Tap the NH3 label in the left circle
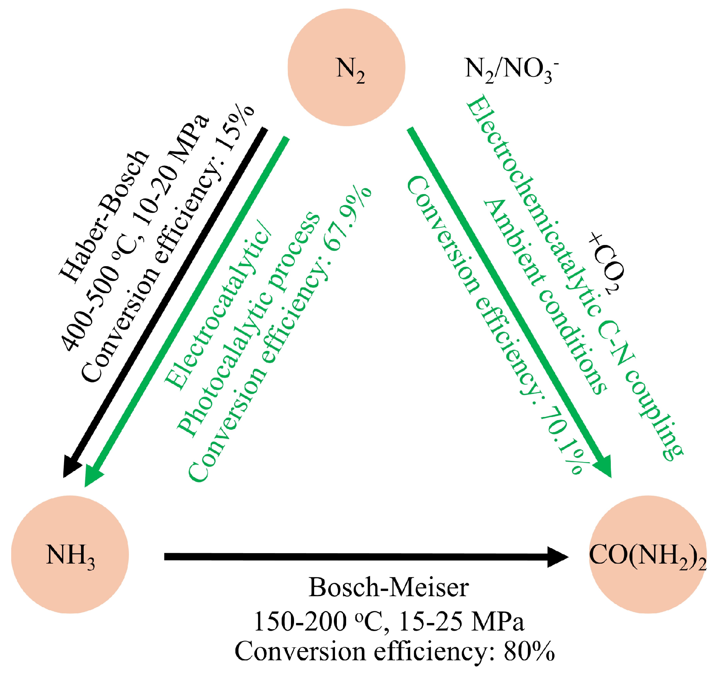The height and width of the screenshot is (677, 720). tap(70, 556)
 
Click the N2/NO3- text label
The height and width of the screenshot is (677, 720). tap(511, 70)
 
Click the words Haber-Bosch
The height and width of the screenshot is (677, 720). tap(104, 216)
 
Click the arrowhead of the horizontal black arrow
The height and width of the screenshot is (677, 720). tap(558, 557)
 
